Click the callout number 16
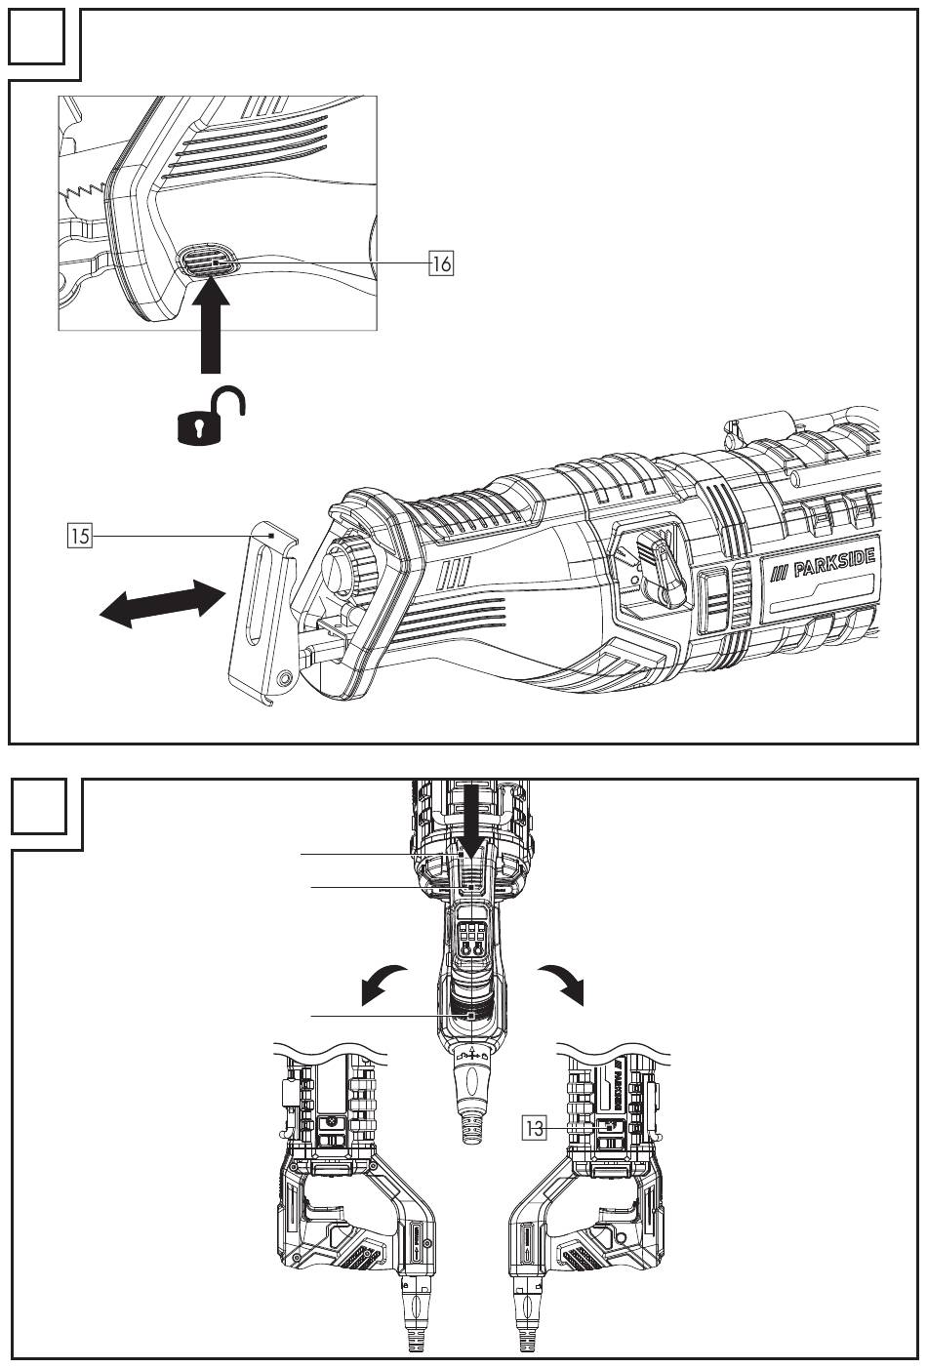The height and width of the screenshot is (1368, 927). tap(442, 262)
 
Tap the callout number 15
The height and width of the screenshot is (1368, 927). tap(81, 536)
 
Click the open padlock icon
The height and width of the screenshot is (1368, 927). tap(208, 417)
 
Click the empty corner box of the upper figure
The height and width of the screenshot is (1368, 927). tap(42, 36)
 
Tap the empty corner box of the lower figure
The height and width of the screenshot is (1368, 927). tap(42, 805)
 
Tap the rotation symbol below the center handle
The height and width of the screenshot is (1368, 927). tap(471, 1054)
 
